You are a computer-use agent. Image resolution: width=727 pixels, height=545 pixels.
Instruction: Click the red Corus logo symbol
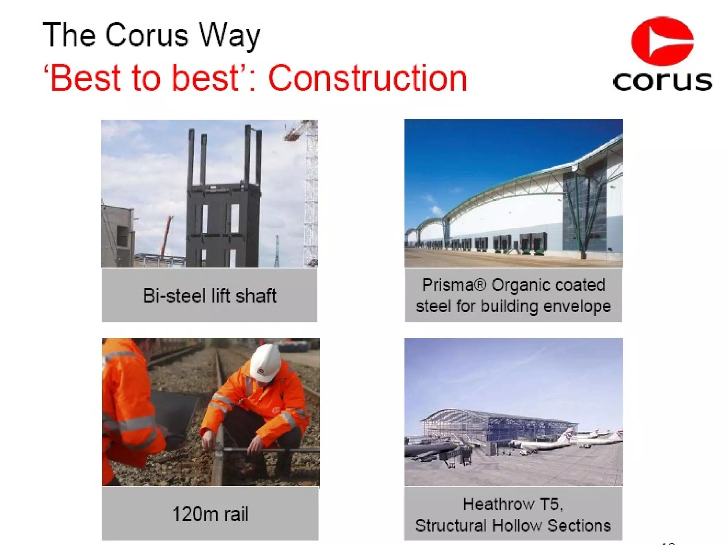point(662,41)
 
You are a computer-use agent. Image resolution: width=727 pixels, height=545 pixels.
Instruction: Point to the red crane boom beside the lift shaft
point(166,236)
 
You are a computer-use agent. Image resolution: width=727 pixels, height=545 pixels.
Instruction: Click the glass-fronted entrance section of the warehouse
point(584,209)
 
